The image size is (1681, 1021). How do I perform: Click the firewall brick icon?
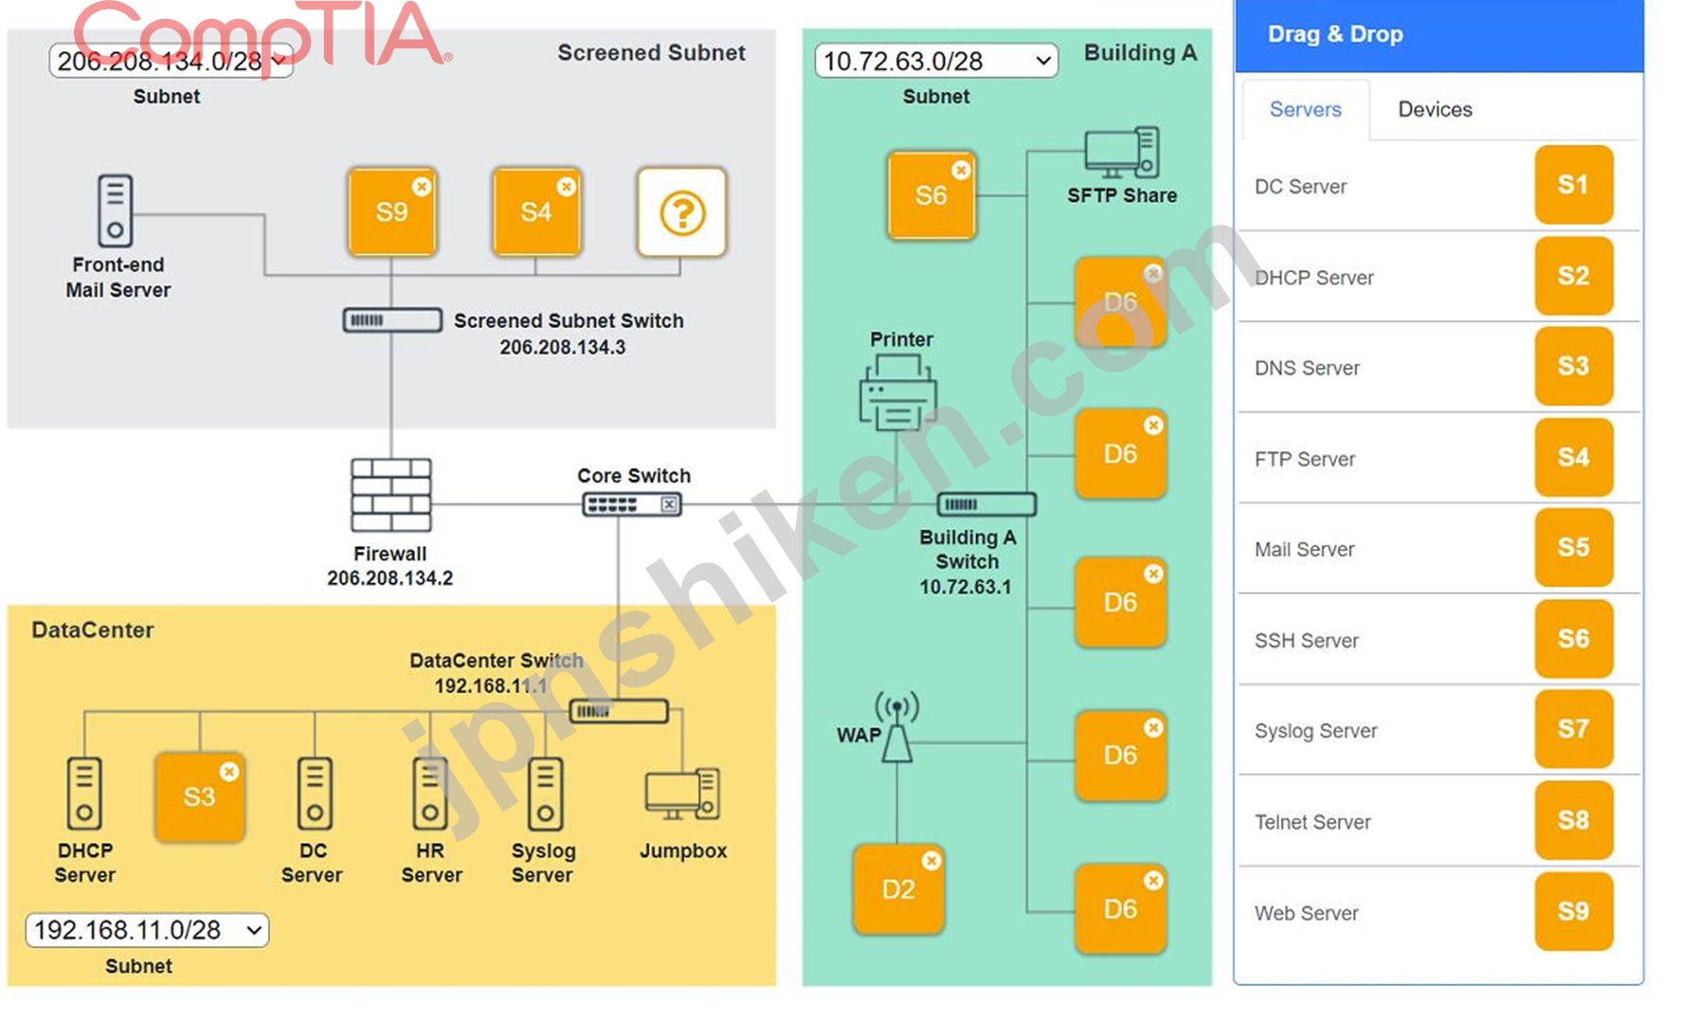coord(390,495)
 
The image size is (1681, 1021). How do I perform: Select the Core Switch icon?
coord(631,504)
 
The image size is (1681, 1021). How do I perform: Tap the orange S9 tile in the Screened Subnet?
coord(391,212)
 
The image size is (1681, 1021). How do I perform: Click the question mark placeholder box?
coord(682,212)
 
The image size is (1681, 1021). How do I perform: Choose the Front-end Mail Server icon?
coord(116,210)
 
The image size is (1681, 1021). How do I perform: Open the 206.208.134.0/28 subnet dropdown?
coord(171,61)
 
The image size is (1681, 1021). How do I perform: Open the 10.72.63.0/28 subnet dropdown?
coord(936,61)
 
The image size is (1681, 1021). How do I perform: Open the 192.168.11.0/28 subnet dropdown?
coord(147,930)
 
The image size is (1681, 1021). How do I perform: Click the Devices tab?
coord(1435,110)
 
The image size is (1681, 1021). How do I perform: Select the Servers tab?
coord(1305,110)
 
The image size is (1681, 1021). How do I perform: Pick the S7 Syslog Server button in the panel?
coord(1573,729)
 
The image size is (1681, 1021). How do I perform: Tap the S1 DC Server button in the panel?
coord(1573,185)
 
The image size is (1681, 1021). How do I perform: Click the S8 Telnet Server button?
coord(1573,820)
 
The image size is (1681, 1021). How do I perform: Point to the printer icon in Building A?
coord(897,392)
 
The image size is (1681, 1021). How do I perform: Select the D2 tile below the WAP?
coord(898,889)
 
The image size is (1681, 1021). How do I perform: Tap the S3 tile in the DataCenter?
coord(200,797)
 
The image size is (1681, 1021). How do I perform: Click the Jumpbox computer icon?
coord(682,793)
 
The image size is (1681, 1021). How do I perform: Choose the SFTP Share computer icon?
coord(1122,153)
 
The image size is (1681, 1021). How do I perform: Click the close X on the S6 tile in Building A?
coord(961,170)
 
